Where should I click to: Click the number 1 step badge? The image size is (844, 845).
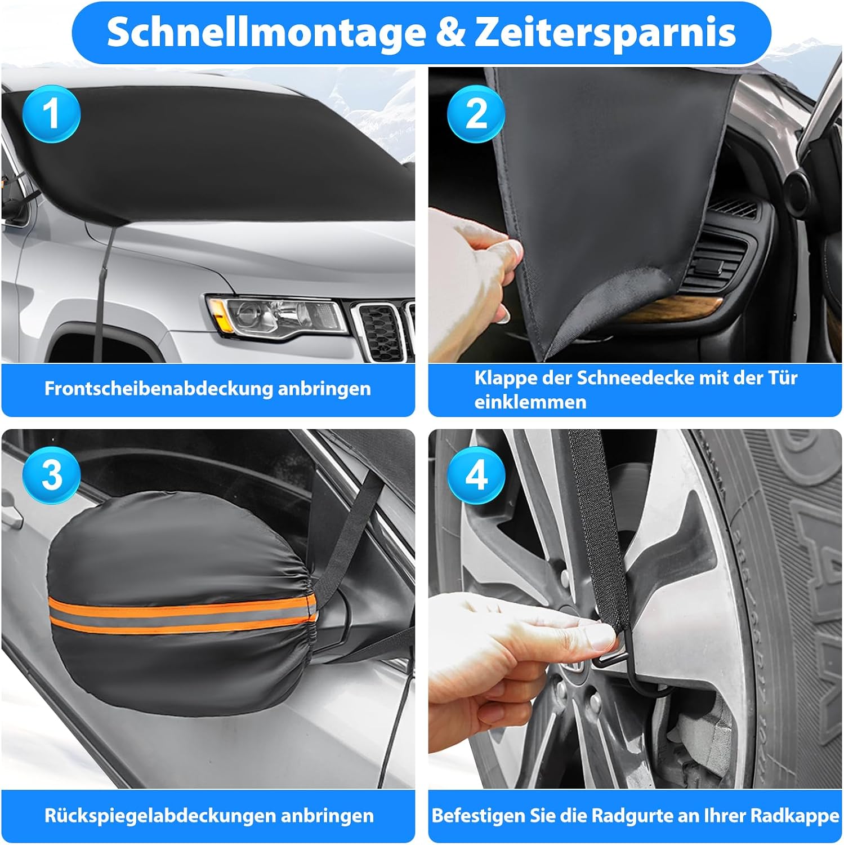[51, 114]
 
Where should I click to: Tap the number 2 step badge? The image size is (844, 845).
[476, 114]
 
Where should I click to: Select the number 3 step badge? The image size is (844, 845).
[51, 475]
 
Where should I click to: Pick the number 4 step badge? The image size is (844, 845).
[476, 475]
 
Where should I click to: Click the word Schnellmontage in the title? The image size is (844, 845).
[266, 32]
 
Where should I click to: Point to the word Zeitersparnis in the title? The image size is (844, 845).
[605, 33]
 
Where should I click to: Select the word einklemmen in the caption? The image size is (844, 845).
[530, 402]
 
